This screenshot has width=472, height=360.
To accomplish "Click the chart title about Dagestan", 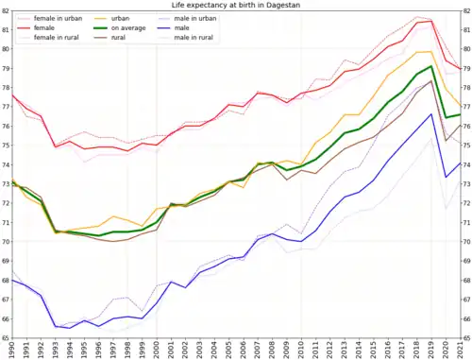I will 236,5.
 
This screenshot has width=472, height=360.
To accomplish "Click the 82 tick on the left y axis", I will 5,10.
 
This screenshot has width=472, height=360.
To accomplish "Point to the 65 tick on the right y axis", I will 466,337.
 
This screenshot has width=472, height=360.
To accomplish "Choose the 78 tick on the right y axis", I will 466,87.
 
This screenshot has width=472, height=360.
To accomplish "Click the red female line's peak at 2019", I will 431,22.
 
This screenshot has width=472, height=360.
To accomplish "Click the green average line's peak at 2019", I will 431,66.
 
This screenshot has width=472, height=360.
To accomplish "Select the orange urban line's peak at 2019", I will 431,51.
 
